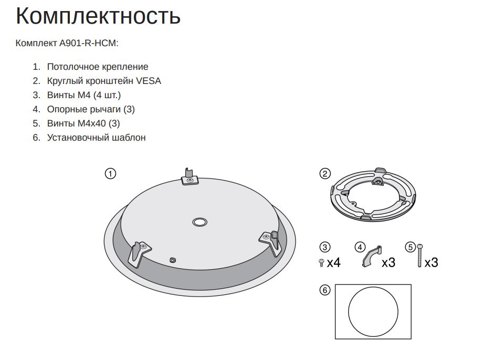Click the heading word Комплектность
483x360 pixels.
98,16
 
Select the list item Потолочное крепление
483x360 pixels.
98,67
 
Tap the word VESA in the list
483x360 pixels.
149,81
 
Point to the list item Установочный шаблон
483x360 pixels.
97,137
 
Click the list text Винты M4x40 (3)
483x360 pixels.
83,123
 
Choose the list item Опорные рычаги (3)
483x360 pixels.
91,109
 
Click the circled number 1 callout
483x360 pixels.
110,174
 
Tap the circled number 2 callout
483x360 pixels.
324,174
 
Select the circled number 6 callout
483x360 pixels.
324,290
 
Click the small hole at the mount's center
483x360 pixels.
199,222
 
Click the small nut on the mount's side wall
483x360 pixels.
173,260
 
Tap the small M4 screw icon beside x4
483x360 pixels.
321,263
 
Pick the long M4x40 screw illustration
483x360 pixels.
419,255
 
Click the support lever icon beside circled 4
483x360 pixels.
371,256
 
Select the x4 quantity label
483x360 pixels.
333,263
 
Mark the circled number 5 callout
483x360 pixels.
410,247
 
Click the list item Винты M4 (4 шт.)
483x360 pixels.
84,95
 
